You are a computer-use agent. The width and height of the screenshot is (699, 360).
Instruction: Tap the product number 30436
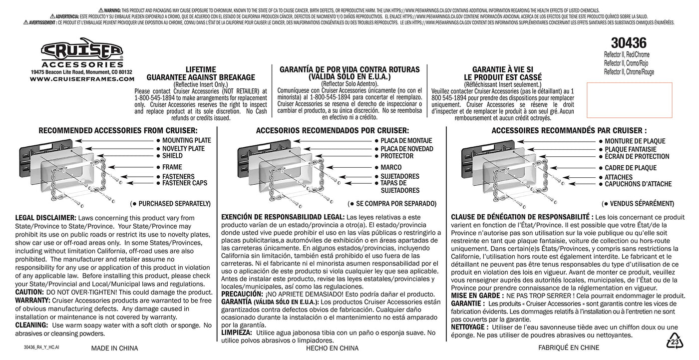tap(629, 43)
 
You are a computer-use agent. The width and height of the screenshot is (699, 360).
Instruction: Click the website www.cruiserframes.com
tap(82, 79)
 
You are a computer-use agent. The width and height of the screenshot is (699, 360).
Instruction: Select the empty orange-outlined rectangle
tap(629, 100)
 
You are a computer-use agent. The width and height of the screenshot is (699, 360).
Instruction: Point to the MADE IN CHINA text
tap(114, 348)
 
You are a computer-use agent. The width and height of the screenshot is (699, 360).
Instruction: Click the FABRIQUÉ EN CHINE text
tap(569, 348)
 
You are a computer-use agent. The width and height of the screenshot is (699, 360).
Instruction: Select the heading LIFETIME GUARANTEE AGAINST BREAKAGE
tap(201, 73)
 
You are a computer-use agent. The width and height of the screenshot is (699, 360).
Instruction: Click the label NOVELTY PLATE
tap(183, 149)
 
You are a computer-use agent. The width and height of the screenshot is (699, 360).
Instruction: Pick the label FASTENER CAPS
tap(185, 183)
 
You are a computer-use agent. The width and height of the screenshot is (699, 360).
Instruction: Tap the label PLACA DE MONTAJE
tap(406, 141)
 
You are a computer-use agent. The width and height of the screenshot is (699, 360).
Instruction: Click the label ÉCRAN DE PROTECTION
tap(637, 156)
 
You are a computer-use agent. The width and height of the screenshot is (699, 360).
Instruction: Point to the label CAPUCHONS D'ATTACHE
tap(638, 184)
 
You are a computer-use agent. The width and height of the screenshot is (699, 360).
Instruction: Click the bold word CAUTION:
tap(29, 292)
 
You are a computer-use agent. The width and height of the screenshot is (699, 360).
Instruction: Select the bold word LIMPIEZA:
tap(237, 333)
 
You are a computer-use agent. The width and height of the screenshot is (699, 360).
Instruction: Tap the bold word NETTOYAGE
tap(469, 327)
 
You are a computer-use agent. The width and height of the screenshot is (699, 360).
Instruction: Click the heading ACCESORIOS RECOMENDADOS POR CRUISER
tap(332, 130)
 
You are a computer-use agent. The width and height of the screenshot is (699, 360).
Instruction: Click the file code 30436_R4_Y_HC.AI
tap(41, 347)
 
